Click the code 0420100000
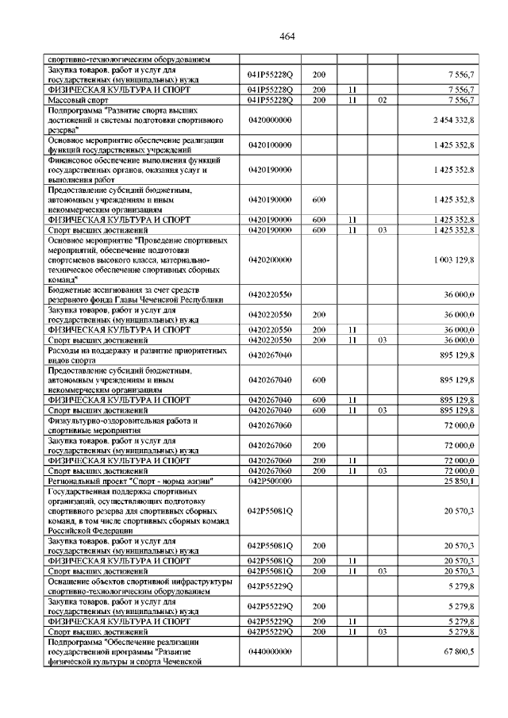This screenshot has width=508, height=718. point(270,145)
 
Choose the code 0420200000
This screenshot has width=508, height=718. point(270,259)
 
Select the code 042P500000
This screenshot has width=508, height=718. point(270,481)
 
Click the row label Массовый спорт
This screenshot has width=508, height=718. point(79,101)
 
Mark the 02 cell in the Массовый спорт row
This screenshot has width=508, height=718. point(382,101)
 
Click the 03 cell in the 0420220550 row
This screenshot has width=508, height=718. point(382,340)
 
